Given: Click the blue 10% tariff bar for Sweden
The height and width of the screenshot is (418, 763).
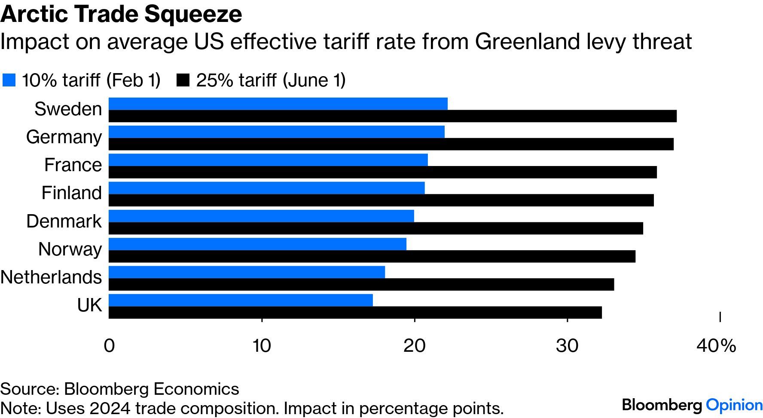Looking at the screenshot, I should tap(278, 104).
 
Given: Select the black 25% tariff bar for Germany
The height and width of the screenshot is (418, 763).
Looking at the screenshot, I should tap(391, 144).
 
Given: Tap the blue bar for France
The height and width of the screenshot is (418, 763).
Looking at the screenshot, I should tap(268, 160).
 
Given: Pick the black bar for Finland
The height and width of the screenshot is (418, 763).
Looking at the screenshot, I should tap(381, 200).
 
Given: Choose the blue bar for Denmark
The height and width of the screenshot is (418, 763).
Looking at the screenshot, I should tap(261, 216).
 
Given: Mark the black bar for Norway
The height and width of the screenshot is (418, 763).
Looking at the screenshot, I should tap(372, 256).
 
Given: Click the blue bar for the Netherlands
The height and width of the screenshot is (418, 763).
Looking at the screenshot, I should tap(247, 272).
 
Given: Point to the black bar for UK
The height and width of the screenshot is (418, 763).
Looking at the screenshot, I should tap(355, 313).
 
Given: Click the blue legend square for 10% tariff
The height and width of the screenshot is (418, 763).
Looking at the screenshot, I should tap(9, 80).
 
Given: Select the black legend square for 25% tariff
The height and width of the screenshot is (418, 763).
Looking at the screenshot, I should tap(183, 80).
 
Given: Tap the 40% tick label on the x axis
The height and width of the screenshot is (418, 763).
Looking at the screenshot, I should tap(716, 346).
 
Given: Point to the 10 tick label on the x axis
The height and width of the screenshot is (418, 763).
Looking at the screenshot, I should tap(262, 346).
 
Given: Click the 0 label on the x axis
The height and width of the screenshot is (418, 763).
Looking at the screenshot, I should tap(110, 346).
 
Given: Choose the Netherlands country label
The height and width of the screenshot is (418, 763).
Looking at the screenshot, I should tap(51, 277).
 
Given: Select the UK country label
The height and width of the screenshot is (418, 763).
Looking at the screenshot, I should tap(89, 305).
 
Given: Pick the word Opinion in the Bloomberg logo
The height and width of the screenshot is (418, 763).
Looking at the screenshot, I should tap(734, 405).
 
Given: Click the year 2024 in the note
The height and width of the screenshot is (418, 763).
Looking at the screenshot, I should tap(112, 408).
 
